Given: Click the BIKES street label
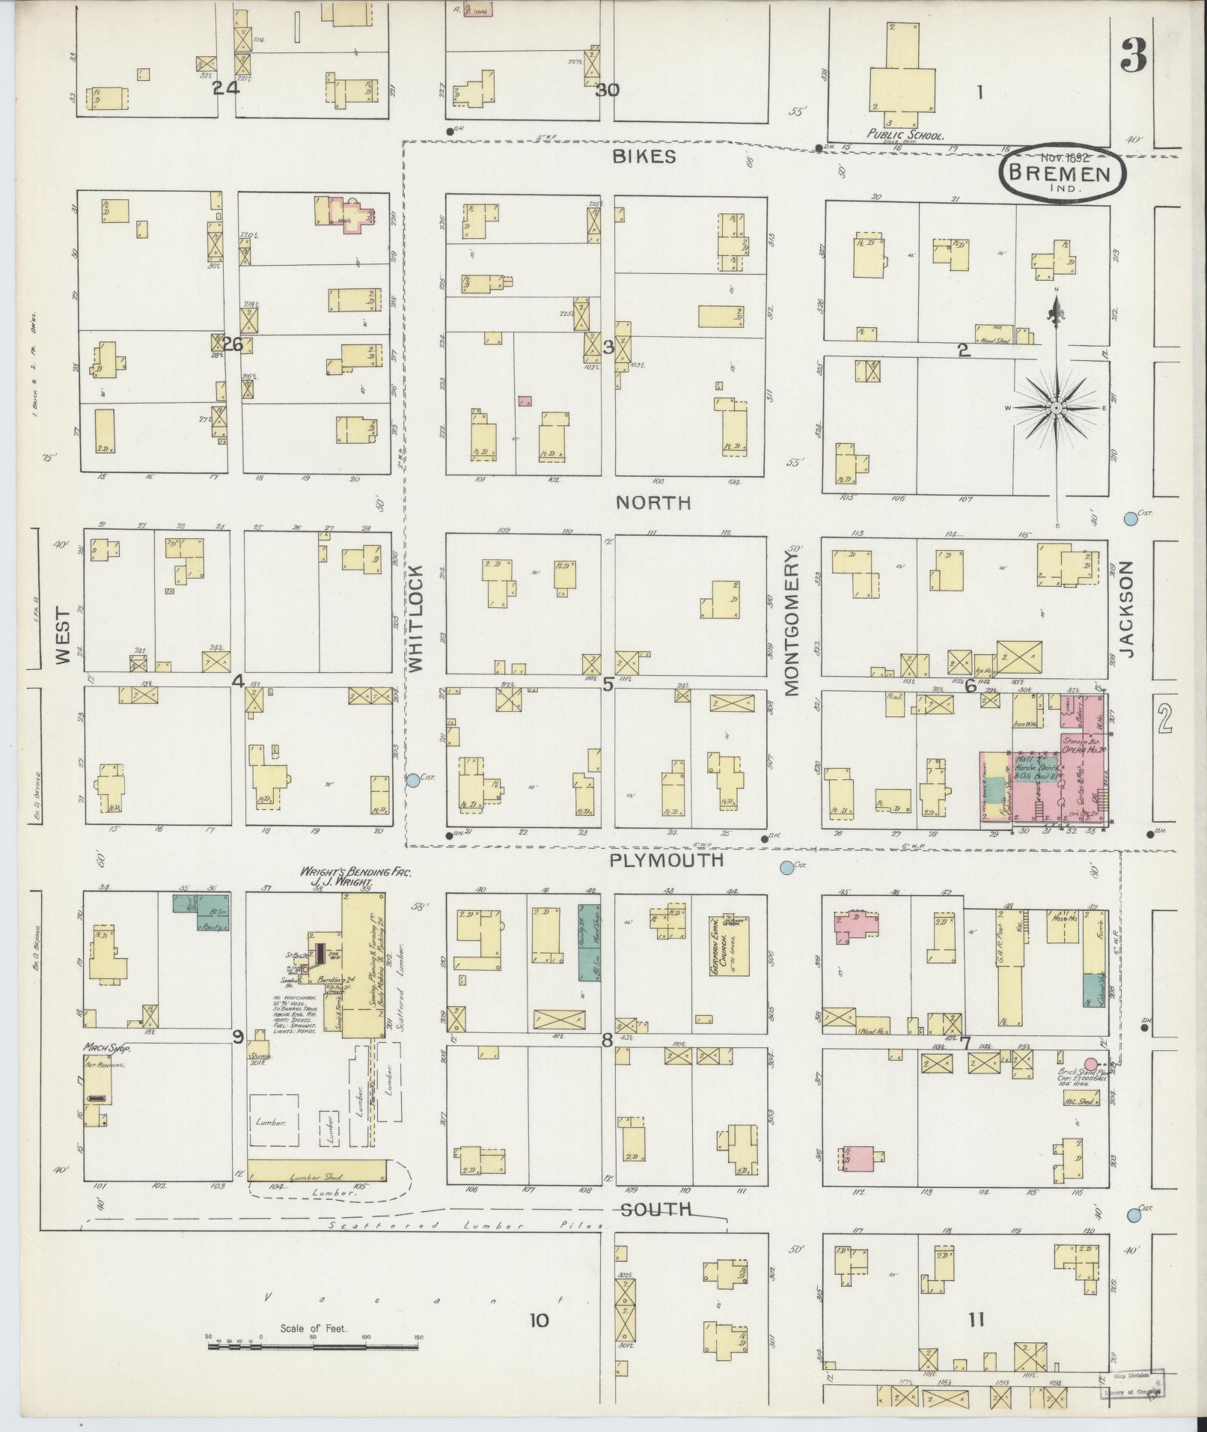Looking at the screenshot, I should point(644,156).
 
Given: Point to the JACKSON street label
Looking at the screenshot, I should point(1128,609).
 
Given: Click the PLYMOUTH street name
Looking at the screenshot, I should point(666,860).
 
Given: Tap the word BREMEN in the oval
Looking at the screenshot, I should point(1063,174).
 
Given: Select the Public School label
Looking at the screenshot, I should point(905,136).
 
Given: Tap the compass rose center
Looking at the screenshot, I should point(1056,407).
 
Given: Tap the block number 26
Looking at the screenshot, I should point(233,345).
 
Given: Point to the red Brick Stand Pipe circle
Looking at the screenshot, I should point(1091,1064).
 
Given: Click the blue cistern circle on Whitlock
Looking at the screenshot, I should point(412,779).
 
